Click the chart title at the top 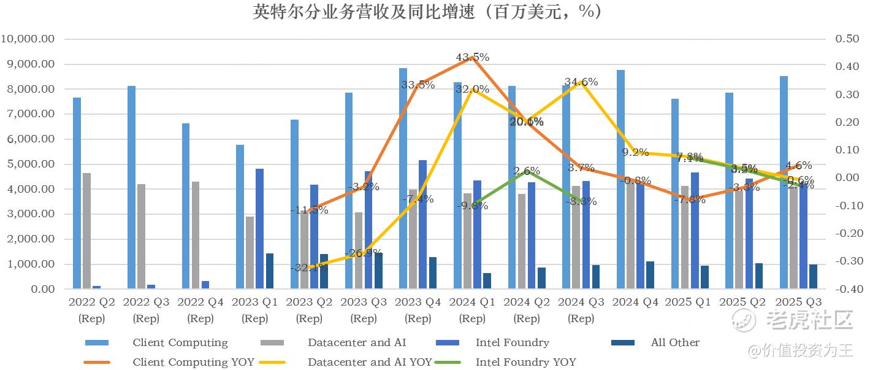click(x=428, y=12)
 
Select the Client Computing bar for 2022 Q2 click(x=77, y=193)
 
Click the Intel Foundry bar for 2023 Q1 click(x=259, y=228)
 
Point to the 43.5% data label click(x=472, y=57)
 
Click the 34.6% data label click(x=581, y=82)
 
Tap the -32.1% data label click(x=309, y=267)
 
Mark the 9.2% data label click(x=635, y=152)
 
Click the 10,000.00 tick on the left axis click(x=37, y=39)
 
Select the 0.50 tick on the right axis click(x=847, y=39)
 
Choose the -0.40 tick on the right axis click(x=846, y=289)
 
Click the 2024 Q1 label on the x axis click(x=472, y=302)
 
